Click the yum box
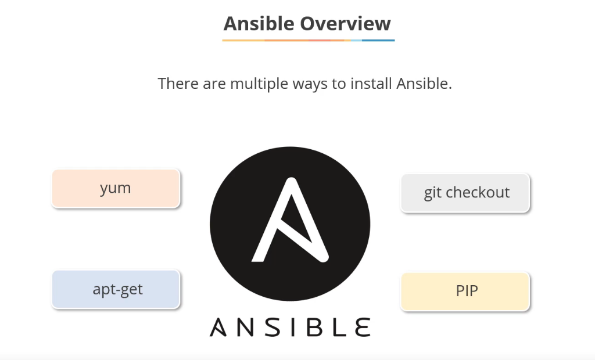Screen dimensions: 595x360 pos(116,188)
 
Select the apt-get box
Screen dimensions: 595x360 pos(116,289)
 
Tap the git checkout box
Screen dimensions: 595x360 pos(465,193)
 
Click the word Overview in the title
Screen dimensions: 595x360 pos(345,24)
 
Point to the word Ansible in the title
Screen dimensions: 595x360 pos(259,24)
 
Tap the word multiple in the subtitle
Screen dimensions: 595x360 pos(259,84)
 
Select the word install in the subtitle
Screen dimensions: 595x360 pos(371,84)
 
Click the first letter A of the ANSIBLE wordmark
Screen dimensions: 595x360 pos(218,327)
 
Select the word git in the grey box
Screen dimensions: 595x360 pos(432,193)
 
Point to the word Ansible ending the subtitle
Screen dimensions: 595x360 pos(424,84)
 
